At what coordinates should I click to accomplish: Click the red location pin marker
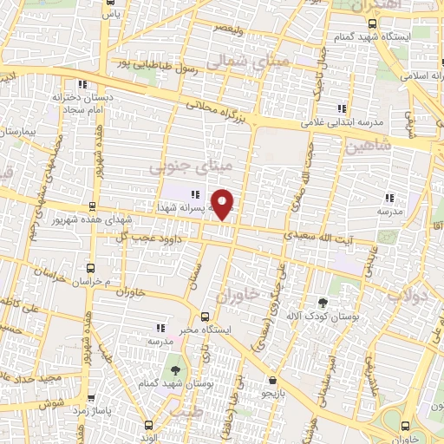point(223,204)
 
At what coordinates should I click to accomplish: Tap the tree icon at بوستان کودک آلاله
point(323,303)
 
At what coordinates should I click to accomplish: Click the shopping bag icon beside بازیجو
point(272,380)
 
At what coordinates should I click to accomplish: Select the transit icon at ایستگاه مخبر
point(205,317)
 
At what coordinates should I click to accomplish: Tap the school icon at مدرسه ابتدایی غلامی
point(341,108)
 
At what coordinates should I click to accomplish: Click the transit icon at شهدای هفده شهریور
point(92,206)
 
